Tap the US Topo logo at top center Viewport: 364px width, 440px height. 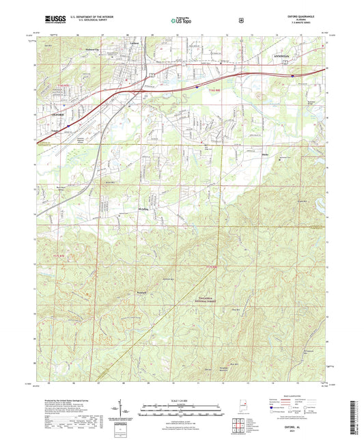pyautogui.click(x=182, y=21)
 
